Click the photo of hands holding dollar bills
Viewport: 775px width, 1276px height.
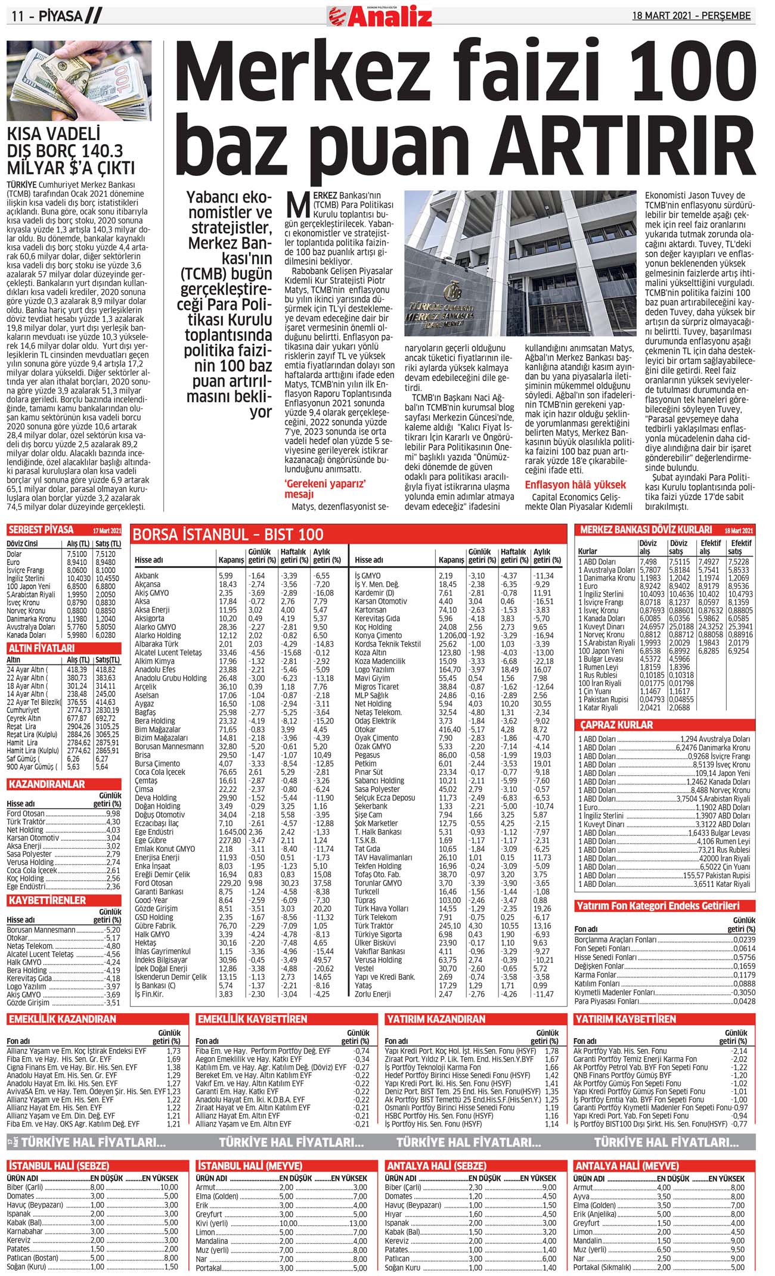79,80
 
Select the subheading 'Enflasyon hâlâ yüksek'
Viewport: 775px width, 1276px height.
575,485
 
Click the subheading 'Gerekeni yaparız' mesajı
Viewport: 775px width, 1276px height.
325,489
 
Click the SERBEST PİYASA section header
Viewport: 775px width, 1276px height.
41,530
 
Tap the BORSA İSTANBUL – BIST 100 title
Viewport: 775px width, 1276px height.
228,534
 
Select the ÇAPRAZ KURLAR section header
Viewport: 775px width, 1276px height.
616,725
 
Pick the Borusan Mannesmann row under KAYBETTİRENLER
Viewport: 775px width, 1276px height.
41,929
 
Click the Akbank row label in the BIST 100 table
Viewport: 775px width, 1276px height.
147,576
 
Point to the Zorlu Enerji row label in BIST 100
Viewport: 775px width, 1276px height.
374,994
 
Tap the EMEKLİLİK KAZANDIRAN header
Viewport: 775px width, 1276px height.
62,1019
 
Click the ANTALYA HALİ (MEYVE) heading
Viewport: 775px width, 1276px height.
626,1165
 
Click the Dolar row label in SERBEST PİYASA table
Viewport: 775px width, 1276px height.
14,554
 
